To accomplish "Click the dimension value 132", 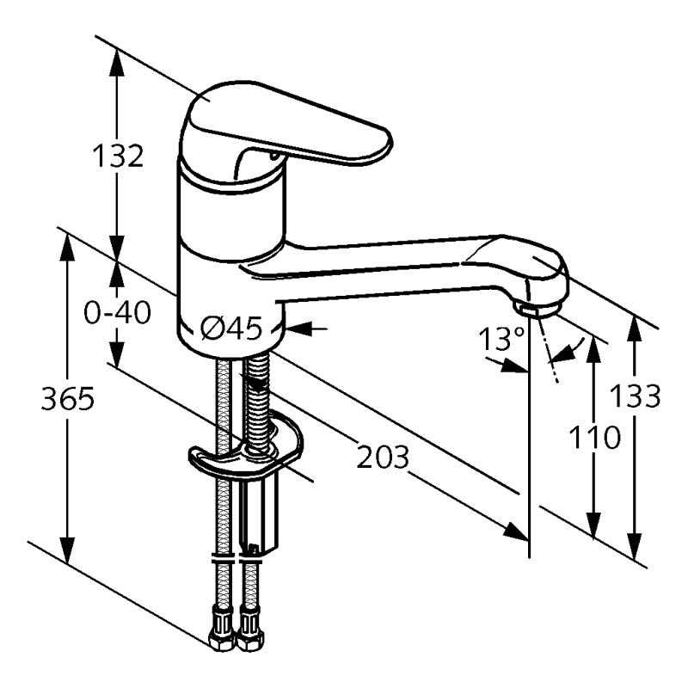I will [x=117, y=157].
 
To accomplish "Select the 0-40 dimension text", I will [x=117, y=312].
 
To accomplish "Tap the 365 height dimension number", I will [x=66, y=399].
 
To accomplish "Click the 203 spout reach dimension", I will [x=383, y=458].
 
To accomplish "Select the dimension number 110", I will [x=593, y=437].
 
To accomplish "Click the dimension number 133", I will [x=635, y=396].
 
